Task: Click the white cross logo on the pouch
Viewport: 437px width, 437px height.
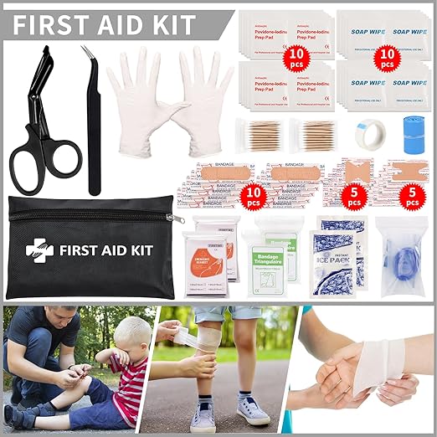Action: coord(39,249)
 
